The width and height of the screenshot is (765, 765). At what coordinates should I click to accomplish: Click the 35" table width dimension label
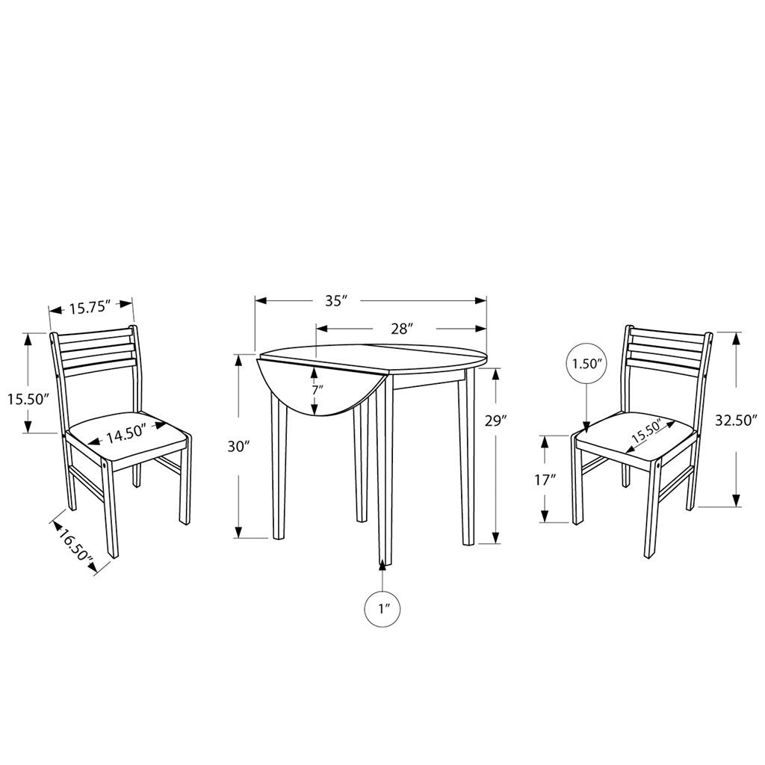(x=335, y=301)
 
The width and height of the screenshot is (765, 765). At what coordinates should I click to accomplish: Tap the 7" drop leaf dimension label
(x=318, y=390)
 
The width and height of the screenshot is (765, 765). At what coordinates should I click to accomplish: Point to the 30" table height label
(x=238, y=446)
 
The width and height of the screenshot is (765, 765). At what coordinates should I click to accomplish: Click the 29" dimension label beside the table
(x=496, y=421)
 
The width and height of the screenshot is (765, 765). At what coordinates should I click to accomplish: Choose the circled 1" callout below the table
(x=382, y=609)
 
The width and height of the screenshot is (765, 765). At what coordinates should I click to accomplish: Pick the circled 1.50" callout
(x=586, y=364)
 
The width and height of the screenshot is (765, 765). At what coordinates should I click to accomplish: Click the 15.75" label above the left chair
(x=90, y=307)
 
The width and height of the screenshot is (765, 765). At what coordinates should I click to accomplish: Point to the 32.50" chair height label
(x=736, y=420)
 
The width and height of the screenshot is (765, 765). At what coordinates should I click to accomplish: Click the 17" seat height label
(x=545, y=480)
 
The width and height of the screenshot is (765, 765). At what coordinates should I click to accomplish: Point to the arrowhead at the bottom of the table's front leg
(x=382, y=564)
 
